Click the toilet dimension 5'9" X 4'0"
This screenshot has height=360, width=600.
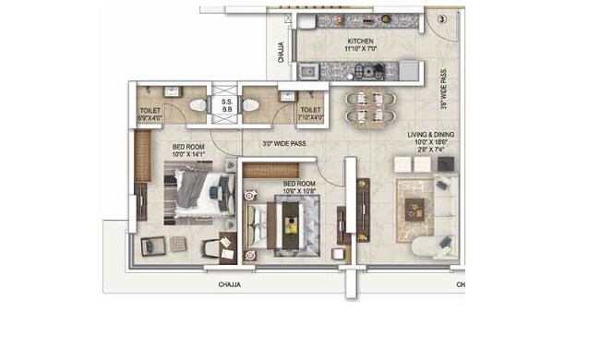[x=150, y=118]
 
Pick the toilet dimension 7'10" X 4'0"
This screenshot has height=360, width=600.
[x=310, y=118]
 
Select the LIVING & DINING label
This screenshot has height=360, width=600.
[x=430, y=135]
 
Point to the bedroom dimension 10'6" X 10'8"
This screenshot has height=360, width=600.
[x=302, y=191]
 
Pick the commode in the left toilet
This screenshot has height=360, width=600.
[x=196, y=106]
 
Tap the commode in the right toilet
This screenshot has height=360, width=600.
[x=253, y=106]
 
